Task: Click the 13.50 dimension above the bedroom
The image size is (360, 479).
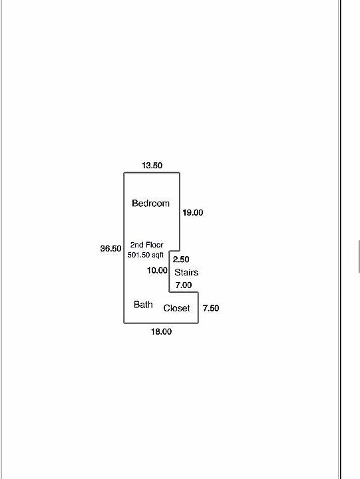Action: (152, 166)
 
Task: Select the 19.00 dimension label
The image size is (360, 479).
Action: (192, 213)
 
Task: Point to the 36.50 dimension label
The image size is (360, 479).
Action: (110, 249)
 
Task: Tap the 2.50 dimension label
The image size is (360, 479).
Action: (181, 259)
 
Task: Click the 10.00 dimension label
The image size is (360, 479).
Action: (157, 270)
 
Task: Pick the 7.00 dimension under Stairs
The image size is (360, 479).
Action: (184, 285)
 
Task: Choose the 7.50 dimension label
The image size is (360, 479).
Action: (211, 308)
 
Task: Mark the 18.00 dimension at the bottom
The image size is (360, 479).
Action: (161, 331)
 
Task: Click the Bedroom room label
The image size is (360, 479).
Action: (150, 203)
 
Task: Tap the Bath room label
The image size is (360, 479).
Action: (143, 304)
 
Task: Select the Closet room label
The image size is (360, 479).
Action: (176, 308)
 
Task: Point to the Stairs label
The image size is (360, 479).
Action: (186, 272)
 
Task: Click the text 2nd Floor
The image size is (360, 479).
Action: (146, 245)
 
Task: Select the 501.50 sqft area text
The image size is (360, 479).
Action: (146, 255)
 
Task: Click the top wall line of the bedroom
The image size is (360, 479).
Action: (152, 173)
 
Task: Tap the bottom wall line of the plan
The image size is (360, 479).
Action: (161, 323)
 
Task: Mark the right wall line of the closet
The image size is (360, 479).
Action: (198, 307)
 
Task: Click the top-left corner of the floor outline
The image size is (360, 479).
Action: (124, 173)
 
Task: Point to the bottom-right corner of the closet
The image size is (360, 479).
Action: (198, 323)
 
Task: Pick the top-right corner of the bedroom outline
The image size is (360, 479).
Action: (180, 173)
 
